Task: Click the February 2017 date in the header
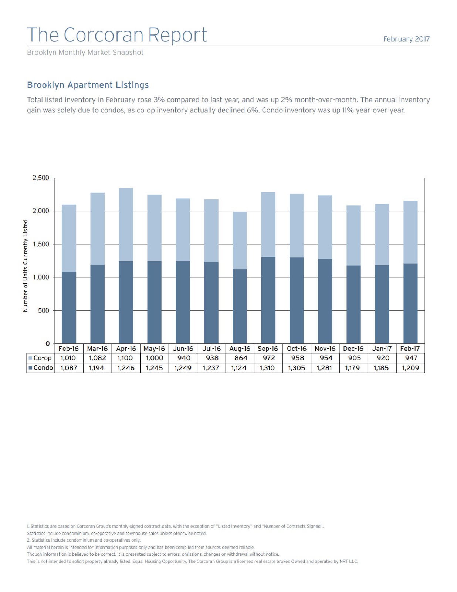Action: [x=406, y=39]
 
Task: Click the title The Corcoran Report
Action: [x=117, y=35]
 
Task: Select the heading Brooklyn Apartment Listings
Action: [x=88, y=85]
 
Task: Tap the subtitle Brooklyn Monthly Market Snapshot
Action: [x=85, y=53]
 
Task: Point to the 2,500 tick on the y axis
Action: [x=41, y=178]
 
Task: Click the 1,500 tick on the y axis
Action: [x=41, y=244]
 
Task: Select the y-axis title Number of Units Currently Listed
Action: [x=26, y=266]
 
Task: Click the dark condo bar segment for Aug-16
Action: [x=240, y=306]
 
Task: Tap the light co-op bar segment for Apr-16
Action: [x=126, y=225]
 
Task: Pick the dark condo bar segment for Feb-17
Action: [x=410, y=303]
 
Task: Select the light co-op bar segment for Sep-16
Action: [x=268, y=225]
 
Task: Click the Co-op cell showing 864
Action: [x=240, y=358]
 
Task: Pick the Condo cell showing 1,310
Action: [x=267, y=368]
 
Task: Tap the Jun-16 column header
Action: [x=183, y=349]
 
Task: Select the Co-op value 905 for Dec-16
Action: [x=354, y=358]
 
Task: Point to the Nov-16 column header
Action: [x=325, y=349]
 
